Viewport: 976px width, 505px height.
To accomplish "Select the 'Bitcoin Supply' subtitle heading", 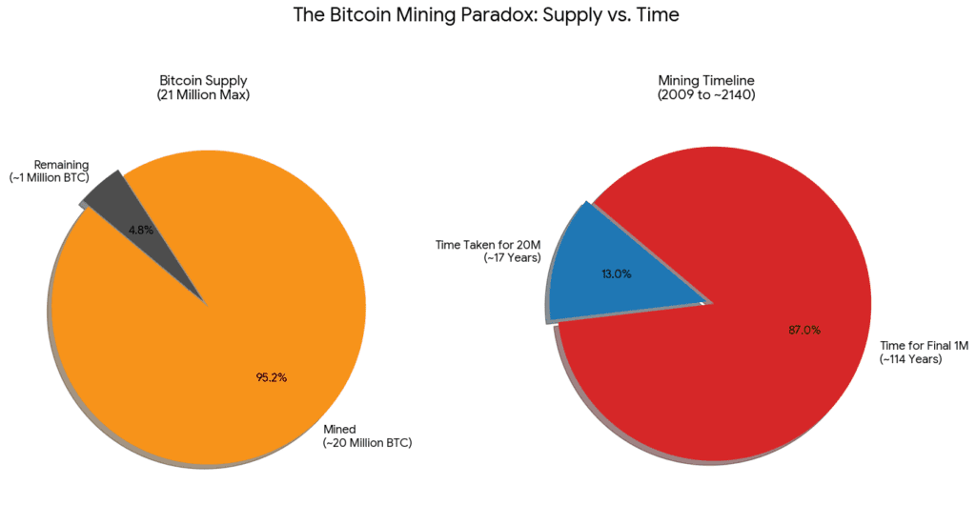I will pos(203,82).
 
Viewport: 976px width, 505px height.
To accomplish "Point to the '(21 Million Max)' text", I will pos(203,96).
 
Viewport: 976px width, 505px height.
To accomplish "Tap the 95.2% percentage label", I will pos(272,377).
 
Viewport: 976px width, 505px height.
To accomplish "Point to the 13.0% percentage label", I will pos(616,273).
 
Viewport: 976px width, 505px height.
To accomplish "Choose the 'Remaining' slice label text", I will pos(61,165).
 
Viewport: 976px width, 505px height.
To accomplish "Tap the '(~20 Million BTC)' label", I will pos(367,443).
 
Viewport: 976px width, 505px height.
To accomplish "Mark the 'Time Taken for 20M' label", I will pos(488,245).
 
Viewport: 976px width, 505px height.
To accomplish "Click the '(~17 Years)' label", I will pos(512,258).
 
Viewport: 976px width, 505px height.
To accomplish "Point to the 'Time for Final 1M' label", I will pos(924,346).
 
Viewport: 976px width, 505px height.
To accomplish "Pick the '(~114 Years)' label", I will pos(910,359).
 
